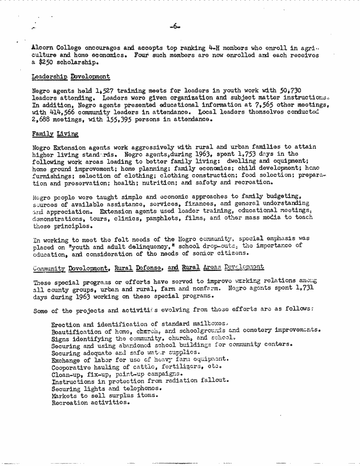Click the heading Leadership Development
70,76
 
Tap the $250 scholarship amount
47,62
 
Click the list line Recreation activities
90,403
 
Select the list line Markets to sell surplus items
105,395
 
